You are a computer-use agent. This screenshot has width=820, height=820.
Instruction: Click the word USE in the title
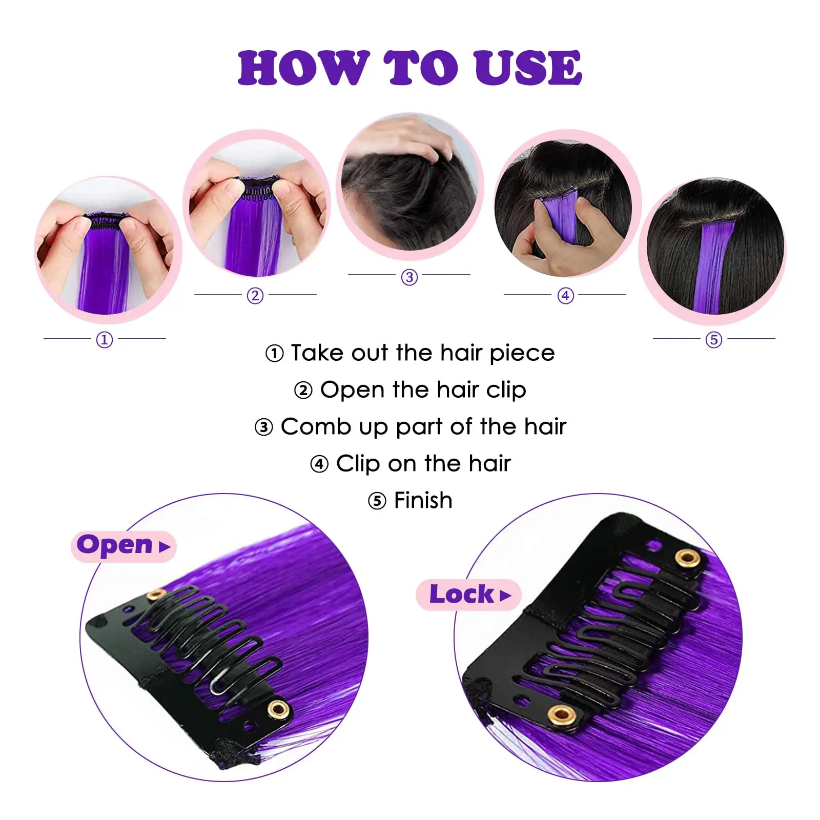pyautogui.click(x=528, y=68)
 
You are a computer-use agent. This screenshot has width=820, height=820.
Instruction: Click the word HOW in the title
pyautogui.click(x=303, y=68)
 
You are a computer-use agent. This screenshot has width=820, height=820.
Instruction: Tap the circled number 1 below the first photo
pyautogui.click(x=105, y=339)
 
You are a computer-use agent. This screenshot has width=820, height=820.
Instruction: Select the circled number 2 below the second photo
pyautogui.click(x=255, y=296)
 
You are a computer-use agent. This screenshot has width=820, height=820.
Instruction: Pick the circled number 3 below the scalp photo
pyautogui.click(x=409, y=277)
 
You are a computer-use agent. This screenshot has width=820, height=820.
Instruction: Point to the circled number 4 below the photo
pyautogui.click(x=565, y=296)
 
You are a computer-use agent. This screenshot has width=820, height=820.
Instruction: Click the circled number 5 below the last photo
pyautogui.click(x=713, y=339)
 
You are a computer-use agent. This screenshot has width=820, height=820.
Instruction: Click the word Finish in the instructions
pyautogui.click(x=423, y=501)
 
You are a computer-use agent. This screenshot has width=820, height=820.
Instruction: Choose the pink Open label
pyautogui.click(x=123, y=546)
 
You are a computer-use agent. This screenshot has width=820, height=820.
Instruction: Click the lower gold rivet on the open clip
pyautogui.click(x=278, y=709)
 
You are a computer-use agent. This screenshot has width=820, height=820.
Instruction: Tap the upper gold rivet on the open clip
pyautogui.click(x=156, y=595)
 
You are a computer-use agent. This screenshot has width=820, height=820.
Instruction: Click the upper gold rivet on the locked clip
pyautogui.click(x=687, y=558)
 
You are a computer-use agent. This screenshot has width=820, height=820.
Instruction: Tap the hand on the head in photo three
pyautogui.click(x=410, y=136)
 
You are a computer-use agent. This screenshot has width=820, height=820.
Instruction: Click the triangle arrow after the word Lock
pyautogui.click(x=506, y=596)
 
